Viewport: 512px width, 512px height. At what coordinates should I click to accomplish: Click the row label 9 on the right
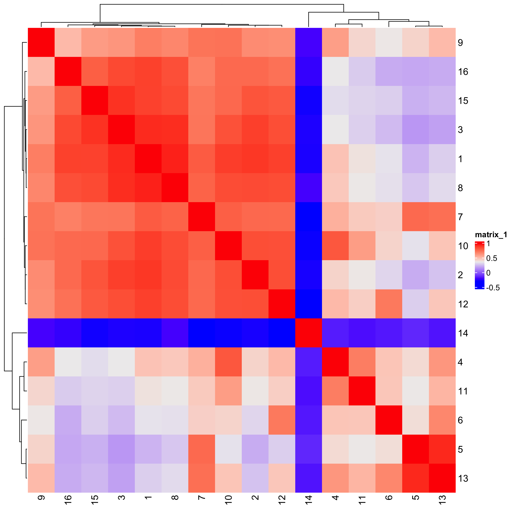[460, 43]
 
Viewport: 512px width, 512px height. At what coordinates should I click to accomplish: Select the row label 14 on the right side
[463, 333]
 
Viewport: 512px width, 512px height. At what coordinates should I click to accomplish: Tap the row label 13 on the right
[463, 478]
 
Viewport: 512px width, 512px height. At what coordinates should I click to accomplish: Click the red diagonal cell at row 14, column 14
[309, 333]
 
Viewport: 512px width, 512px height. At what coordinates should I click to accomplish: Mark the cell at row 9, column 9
[41, 42]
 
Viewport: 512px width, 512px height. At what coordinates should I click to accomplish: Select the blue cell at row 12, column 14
[309, 304]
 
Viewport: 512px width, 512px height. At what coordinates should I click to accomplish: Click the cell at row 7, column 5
[416, 217]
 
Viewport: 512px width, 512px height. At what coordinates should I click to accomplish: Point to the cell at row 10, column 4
[335, 246]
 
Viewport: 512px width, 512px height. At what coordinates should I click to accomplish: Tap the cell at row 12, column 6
[389, 304]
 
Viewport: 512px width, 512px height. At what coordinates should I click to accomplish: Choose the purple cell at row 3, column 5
[416, 130]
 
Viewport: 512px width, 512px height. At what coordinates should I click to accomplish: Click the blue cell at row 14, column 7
[202, 333]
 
